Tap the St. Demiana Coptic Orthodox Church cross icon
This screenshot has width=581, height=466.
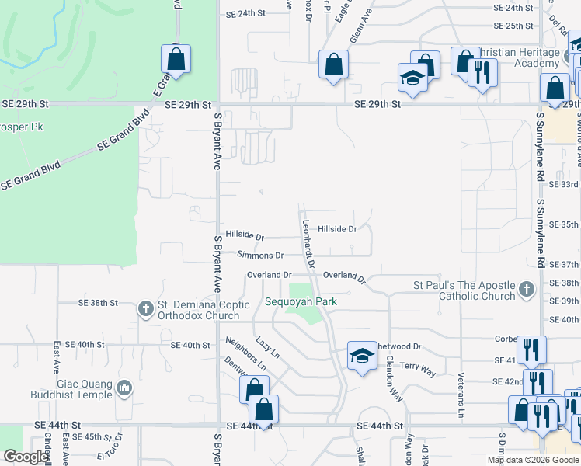click(x=145, y=309)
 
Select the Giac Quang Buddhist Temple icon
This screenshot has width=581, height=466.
click(x=124, y=388)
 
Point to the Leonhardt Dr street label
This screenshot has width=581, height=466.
click(x=308, y=243)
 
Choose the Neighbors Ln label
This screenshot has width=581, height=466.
click(x=245, y=354)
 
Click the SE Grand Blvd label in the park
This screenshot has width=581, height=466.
click(x=30, y=176)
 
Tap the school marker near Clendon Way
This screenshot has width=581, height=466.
click(x=362, y=356)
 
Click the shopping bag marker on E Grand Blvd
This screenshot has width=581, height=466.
click(x=176, y=59)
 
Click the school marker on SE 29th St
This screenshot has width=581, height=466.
click(x=412, y=78)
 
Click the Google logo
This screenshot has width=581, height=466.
click(x=25, y=457)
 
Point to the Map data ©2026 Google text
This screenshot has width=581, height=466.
click(x=532, y=460)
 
